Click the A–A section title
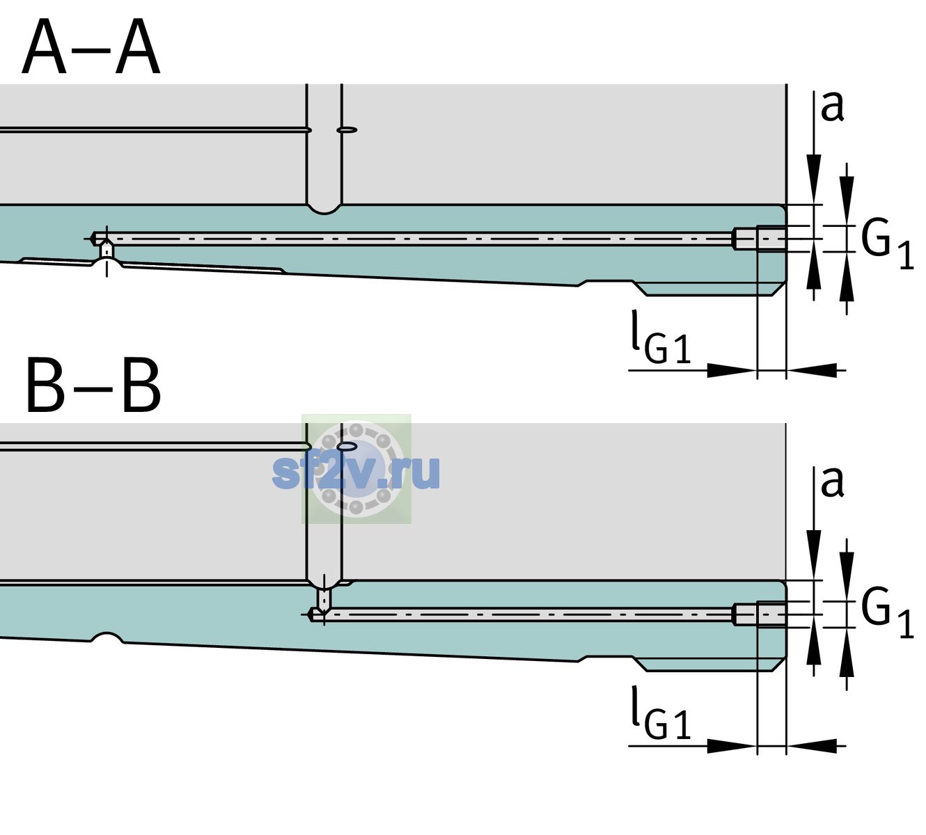click(x=91, y=47)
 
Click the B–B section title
click(x=94, y=385)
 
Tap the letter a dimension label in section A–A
click(x=832, y=107)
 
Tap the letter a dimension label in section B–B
click(x=832, y=483)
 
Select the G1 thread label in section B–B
click(x=887, y=614)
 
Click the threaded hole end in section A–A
click(x=760, y=239)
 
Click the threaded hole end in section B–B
click(x=760, y=614)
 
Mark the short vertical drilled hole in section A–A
click(x=107, y=250)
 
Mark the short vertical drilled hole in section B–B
click(x=324, y=598)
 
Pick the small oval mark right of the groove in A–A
click(x=347, y=130)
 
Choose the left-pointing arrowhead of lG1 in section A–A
click(x=812, y=370)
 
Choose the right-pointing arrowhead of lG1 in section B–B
click(x=732, y=746)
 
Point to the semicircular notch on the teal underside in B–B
click(x=107, y=637)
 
